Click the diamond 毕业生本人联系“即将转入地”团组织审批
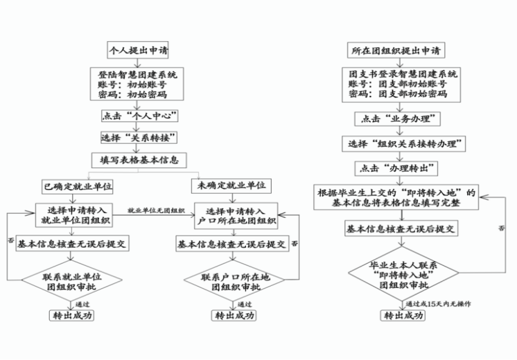pyautogui.click(x=404, y=274)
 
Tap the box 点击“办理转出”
pyautogui.click(x=395, y=168)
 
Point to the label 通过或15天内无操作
pyautogui.click(x=438, y=303)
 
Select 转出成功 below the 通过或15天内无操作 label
pyautogui.click(x=404, y=315)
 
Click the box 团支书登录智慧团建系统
pyautogui.click(x=403, y=83)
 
